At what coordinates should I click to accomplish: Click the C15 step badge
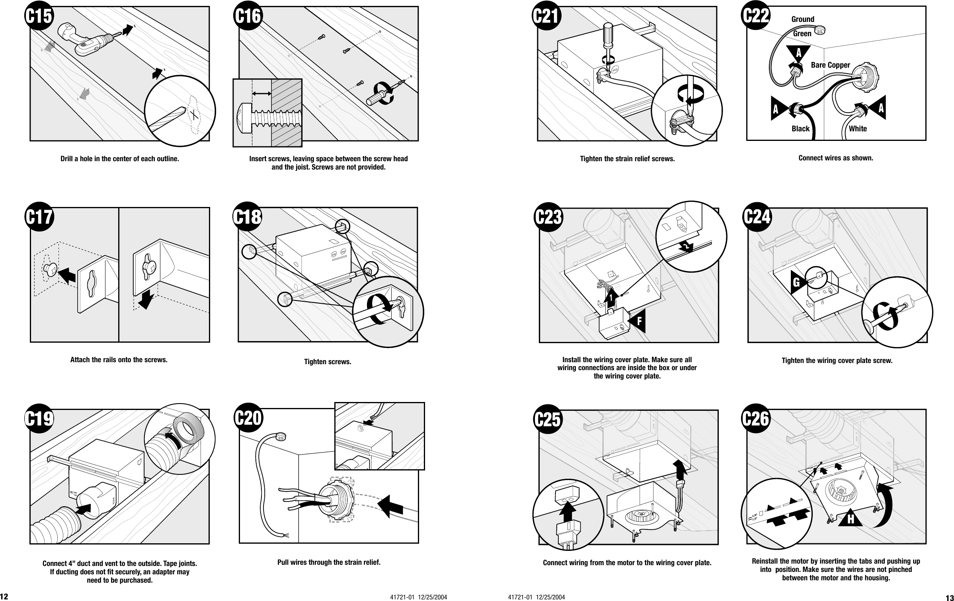(39, 16)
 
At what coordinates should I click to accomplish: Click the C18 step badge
(248, 218)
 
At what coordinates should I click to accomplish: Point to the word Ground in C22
(803, 19)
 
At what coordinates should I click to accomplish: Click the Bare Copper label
(830, 65)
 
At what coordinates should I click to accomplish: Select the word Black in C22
(800, 129)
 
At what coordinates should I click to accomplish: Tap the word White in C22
(858, 129)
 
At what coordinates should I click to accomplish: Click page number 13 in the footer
(949, 597)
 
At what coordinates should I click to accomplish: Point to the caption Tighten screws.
(328, 362)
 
